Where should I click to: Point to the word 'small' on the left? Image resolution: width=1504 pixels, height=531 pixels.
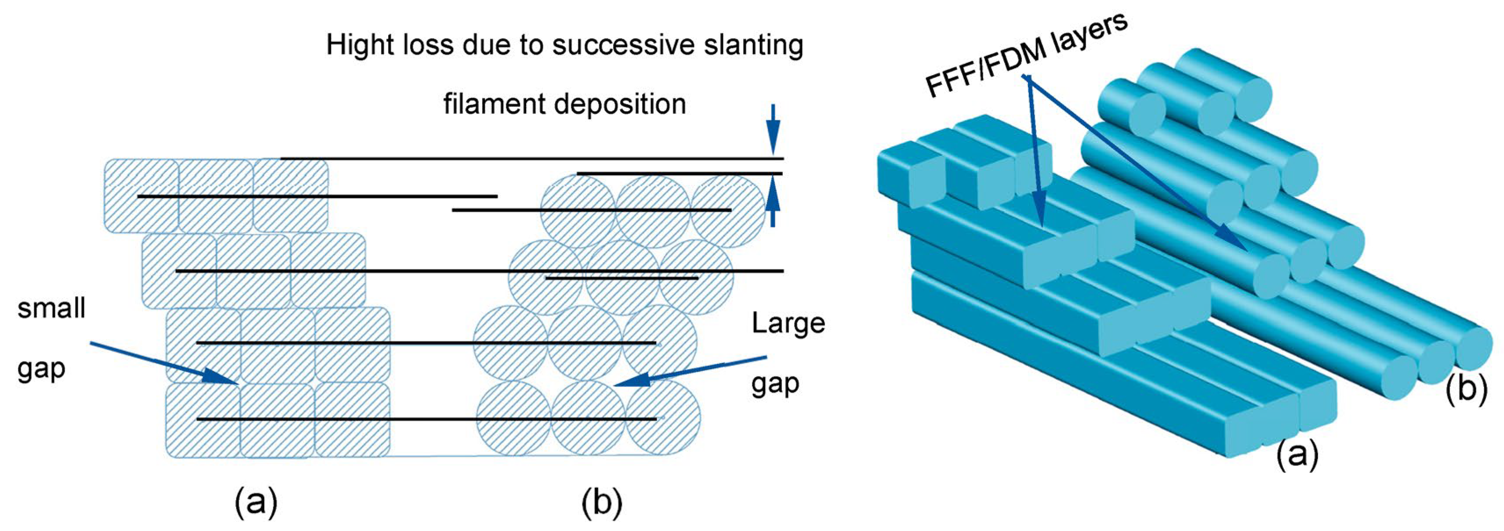[51, 308]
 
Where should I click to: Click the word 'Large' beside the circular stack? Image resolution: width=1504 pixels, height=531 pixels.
[788, 323]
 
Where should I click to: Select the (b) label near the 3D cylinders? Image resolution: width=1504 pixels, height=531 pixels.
[1465, 389]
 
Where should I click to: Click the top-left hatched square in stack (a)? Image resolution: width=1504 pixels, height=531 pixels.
[141, 196]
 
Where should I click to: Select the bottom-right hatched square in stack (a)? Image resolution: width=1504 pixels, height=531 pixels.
[352, 419]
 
